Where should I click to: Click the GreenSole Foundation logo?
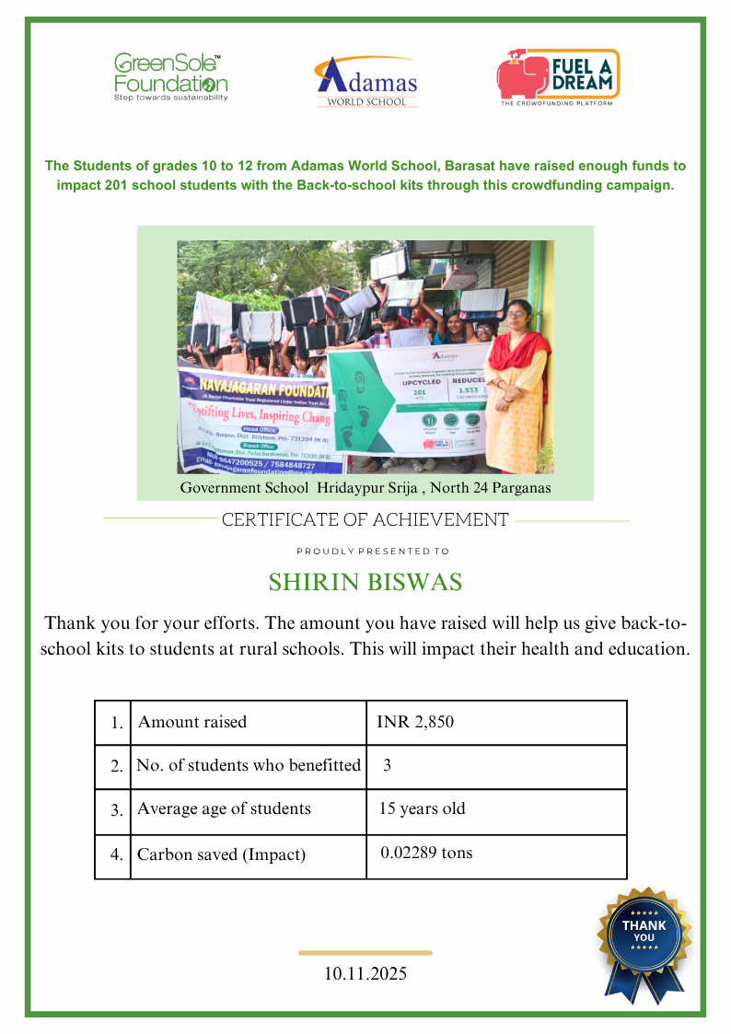pyautogui.click(x=170, y=76)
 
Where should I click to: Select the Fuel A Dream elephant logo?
pyautogui.click(x=558, y=76)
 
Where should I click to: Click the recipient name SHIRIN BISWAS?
pyautogui.click(x=365, y=583)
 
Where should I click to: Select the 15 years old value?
pyautogui.click(x=423, y=809)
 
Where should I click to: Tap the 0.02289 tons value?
pyautogui.click(x=426, y=853)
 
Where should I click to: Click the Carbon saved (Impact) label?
pyautogui.click(x=221, y=854)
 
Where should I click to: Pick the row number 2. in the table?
pyautogui.click(x=116, y=766)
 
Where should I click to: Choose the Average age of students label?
pyautogui.click(x=224, y=809)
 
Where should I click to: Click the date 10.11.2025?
pyautogui.click(x=365, y=973)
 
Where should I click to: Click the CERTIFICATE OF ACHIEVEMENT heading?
pyautogui.click(x=365, y=520)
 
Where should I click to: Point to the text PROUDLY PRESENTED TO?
pyautogui.click(x=373, y=552)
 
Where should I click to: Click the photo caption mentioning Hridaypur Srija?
pyautogui.click(x=365, y=487)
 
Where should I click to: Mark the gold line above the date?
pyautogui.click(x=365, y=953)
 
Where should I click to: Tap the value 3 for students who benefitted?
pyautogui.click(x=388, y=765)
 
